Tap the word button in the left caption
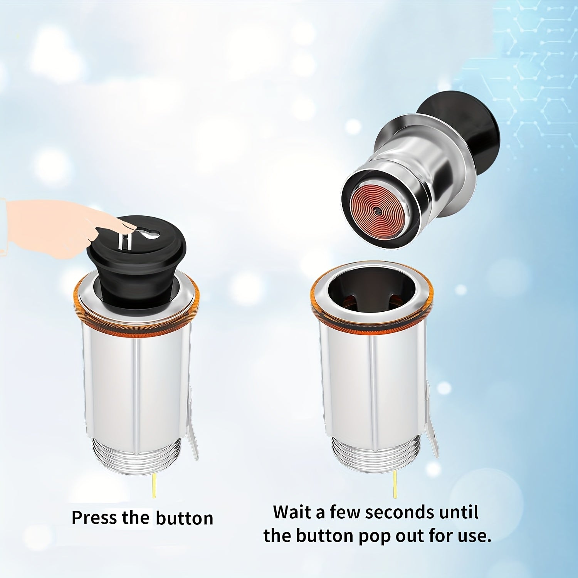pyautogui.click(x=184, y=518)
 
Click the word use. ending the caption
pyautogui.click(x=474, y=536)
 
